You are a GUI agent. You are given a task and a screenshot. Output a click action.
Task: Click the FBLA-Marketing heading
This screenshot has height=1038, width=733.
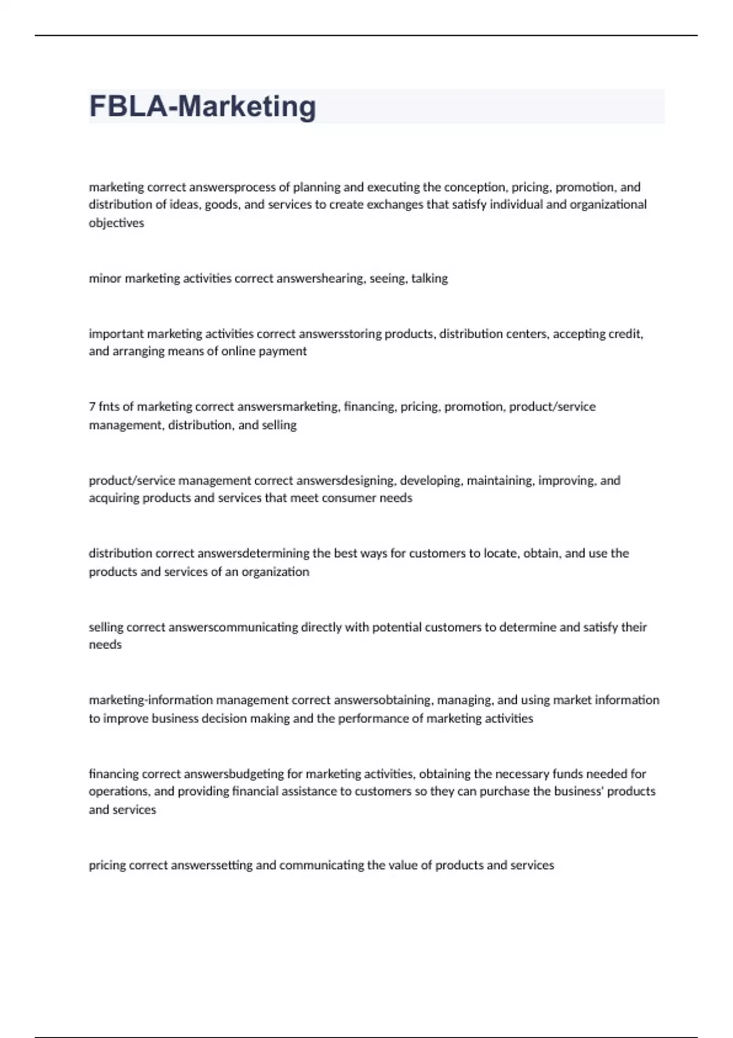pos(202,106)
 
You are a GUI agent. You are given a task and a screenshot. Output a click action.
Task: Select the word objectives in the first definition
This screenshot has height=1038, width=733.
pos(116,223)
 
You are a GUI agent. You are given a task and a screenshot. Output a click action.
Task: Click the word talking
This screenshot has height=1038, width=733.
pos(429,278)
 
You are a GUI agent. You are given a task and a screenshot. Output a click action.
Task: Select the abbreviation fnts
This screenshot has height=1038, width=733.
pos(109,407)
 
